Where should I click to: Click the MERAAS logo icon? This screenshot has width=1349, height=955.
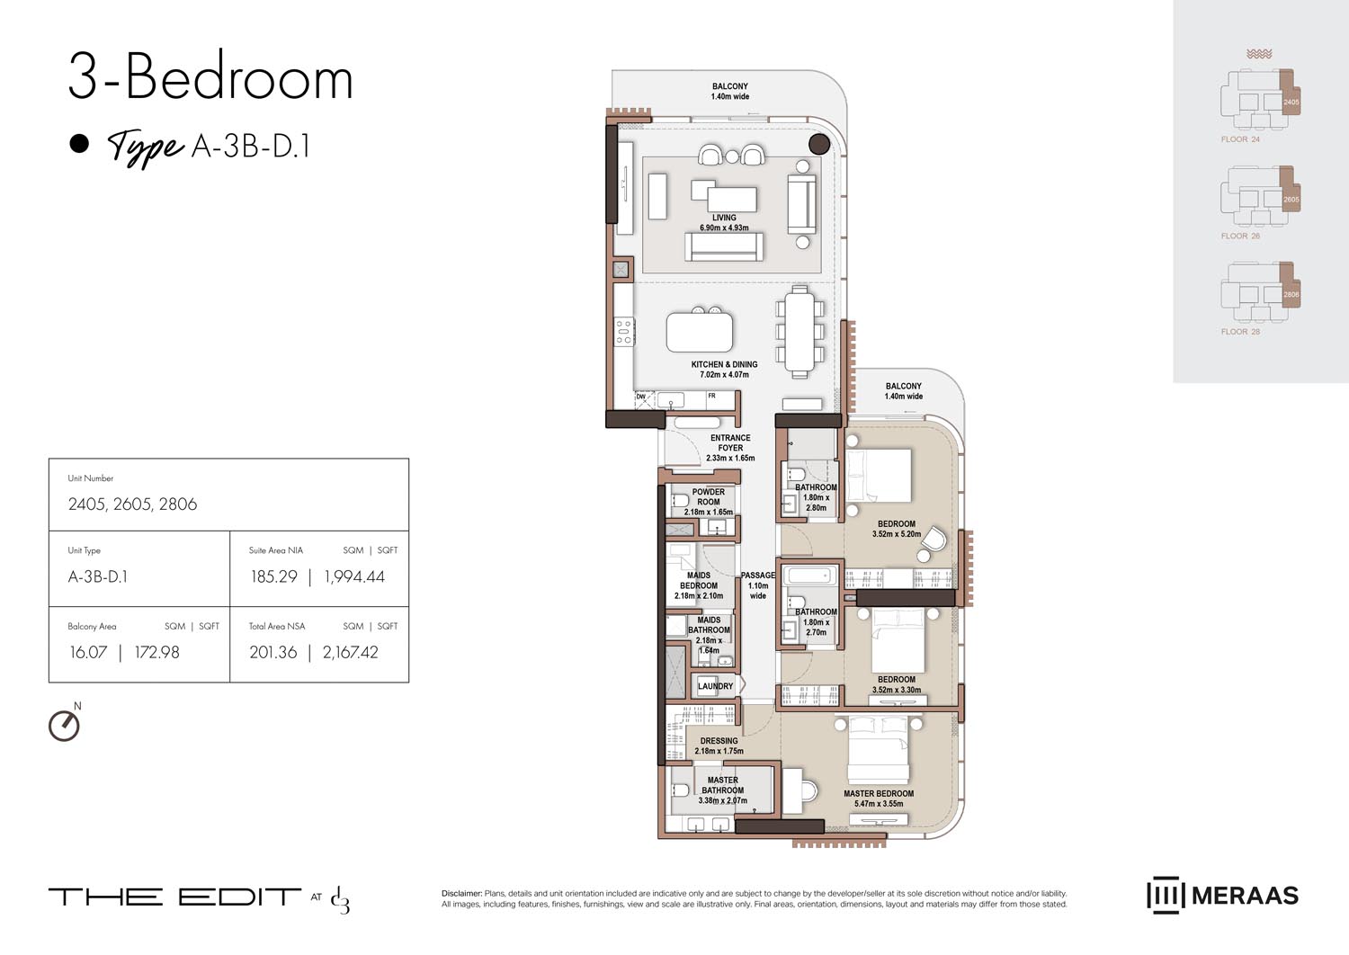(x=1164, y=896)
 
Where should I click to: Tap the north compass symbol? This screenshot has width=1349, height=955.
(x=64, y=725)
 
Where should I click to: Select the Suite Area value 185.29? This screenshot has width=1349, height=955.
(x=273, y=577)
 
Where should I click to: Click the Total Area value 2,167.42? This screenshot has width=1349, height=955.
(x=351, y=653)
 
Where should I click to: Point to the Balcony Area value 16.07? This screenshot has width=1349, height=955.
(x=88, y=653)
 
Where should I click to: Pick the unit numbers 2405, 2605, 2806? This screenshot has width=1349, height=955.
(x=132, y=504)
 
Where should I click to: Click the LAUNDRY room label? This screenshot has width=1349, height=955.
(x=715, y=686)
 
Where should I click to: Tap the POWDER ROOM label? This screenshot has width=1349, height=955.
(x=709, y=497)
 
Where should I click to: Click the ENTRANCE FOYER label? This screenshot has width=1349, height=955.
(x=730, y=443)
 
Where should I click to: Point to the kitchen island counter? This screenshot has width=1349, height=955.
(x=699, y=331)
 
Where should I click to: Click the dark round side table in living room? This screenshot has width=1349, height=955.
(x=818, y=144)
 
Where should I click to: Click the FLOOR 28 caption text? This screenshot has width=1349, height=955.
(x=1240, y=332)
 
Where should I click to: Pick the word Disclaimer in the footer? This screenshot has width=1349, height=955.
(x=461, y=894)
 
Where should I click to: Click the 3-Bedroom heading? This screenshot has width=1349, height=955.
(x=210, y=78)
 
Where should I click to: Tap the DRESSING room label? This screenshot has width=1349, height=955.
(x=719, y=741)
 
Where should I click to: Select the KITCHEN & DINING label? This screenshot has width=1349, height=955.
(x=724, y=365)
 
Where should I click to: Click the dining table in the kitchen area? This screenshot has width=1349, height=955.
(x=799, y=331)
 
